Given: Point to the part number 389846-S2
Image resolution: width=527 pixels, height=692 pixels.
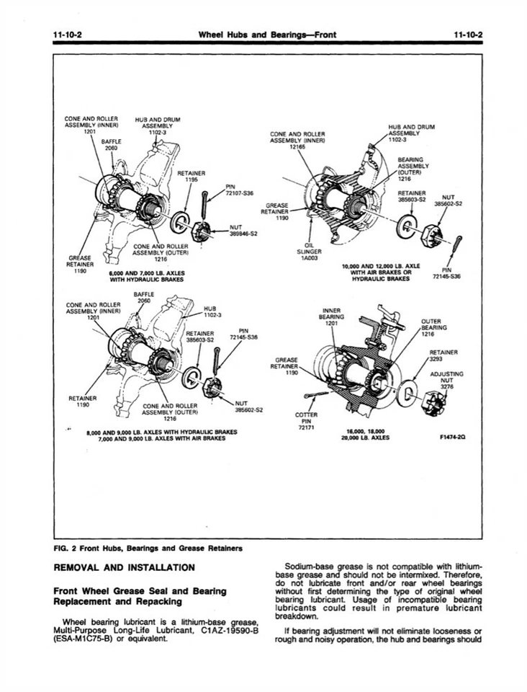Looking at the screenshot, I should pos(244,234).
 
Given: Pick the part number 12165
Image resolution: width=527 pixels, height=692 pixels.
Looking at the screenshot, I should pos(298,147).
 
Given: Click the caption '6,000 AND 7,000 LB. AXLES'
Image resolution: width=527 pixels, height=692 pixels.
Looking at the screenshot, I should pos(146,273).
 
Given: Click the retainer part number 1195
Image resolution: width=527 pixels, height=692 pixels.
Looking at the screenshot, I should pos(191,180).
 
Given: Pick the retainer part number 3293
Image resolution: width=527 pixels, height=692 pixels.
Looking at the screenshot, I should pos(449,358).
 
